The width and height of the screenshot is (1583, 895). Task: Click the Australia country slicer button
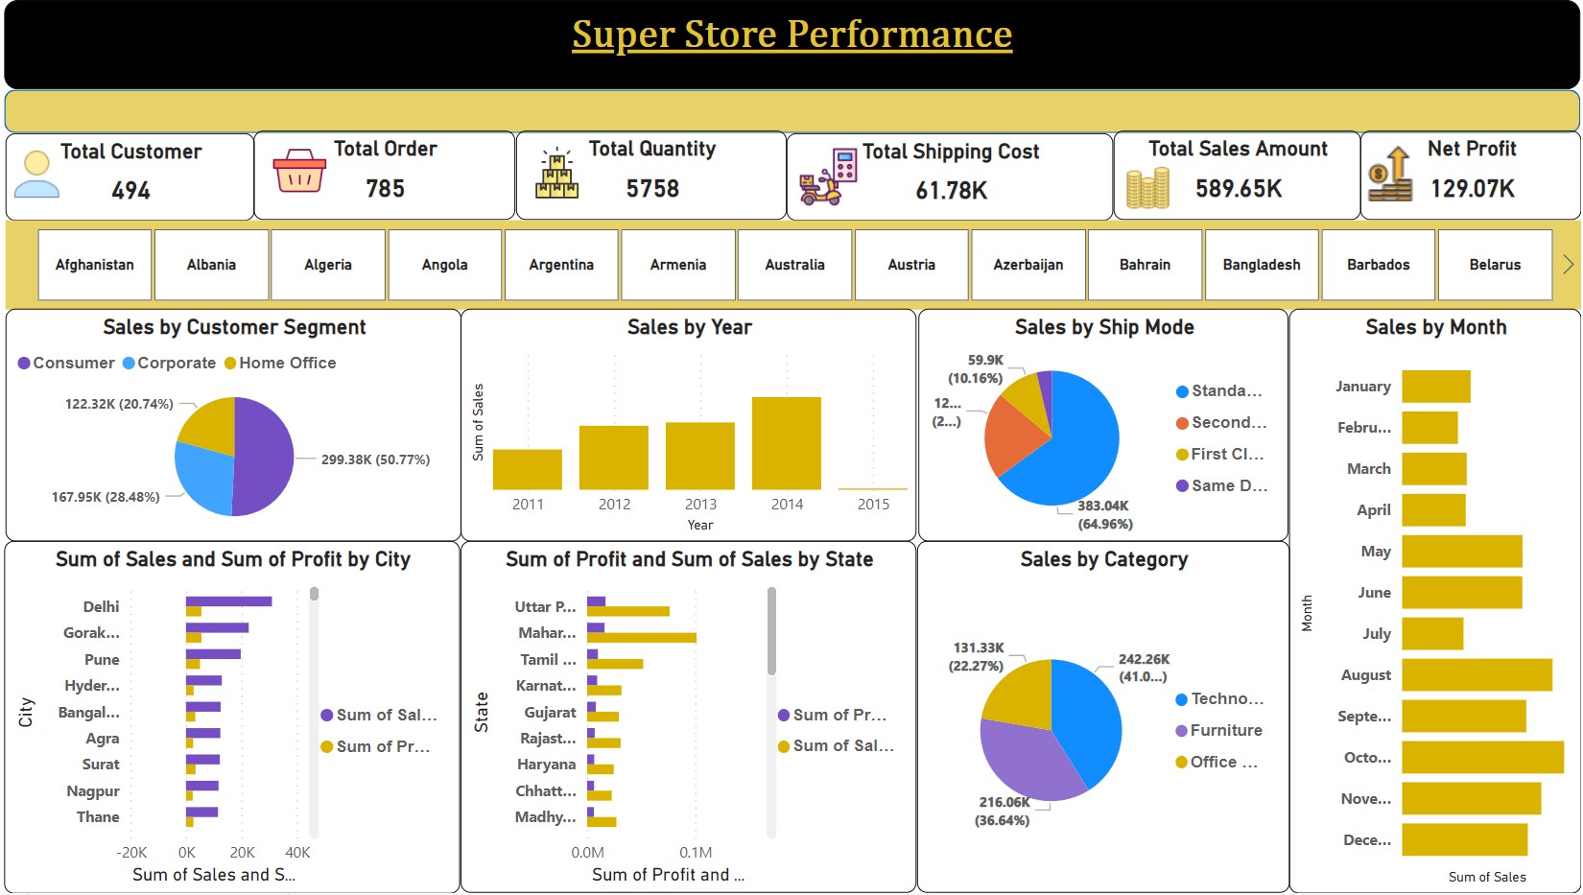pyautogui.click(x=794, y=265)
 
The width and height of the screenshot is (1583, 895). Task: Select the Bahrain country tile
pyautogui.click(x=1145, y=265)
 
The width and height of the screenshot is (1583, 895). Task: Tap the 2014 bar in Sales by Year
pyautogui.click(x=787, y=443)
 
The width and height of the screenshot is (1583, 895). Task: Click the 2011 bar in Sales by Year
pyautogui.click(x=528, y=469)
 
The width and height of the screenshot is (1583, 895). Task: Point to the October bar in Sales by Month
pyautogui.click(x=1482, y=757)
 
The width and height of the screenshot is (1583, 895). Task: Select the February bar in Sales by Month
pyautogui.click(x=1429, y=428)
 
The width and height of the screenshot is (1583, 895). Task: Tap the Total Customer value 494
pyautogui.click(x=131, y=191)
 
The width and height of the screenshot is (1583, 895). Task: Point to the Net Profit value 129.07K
pyautogui.click(x=1473, y=189)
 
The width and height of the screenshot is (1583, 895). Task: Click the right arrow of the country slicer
pyautogui.click(x=1568, y=264)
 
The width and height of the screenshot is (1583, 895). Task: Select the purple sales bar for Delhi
pyautogui.click(x=229, y=601)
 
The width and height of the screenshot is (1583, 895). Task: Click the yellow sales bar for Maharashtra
pyautogui.click(x=642, y=638)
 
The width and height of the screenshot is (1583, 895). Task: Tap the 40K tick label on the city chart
pyautogui.click(x=297, y=852)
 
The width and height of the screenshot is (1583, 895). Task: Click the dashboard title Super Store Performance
pyautogui.click(x=791, y=35)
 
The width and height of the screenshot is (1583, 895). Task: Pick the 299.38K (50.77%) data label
pyautogui.click(x=375, y=459)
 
